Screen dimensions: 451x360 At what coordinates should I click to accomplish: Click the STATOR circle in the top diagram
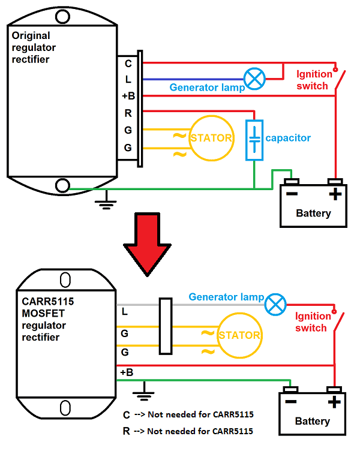(211, 139)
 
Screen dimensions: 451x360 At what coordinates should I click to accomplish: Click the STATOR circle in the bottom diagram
(239, 335)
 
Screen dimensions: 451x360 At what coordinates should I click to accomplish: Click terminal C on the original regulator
(128, 63)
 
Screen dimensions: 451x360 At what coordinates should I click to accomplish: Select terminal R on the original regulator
(128, 113)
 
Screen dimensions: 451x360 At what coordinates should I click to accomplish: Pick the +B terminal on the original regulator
(128, 96)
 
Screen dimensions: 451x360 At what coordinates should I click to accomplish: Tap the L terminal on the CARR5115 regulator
(125, 311)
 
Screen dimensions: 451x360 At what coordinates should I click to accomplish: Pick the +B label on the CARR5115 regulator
(127, 372)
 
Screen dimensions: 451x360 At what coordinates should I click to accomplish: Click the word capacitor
(288, 138)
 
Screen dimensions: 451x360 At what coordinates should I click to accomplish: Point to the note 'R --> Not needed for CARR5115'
(188, 431)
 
